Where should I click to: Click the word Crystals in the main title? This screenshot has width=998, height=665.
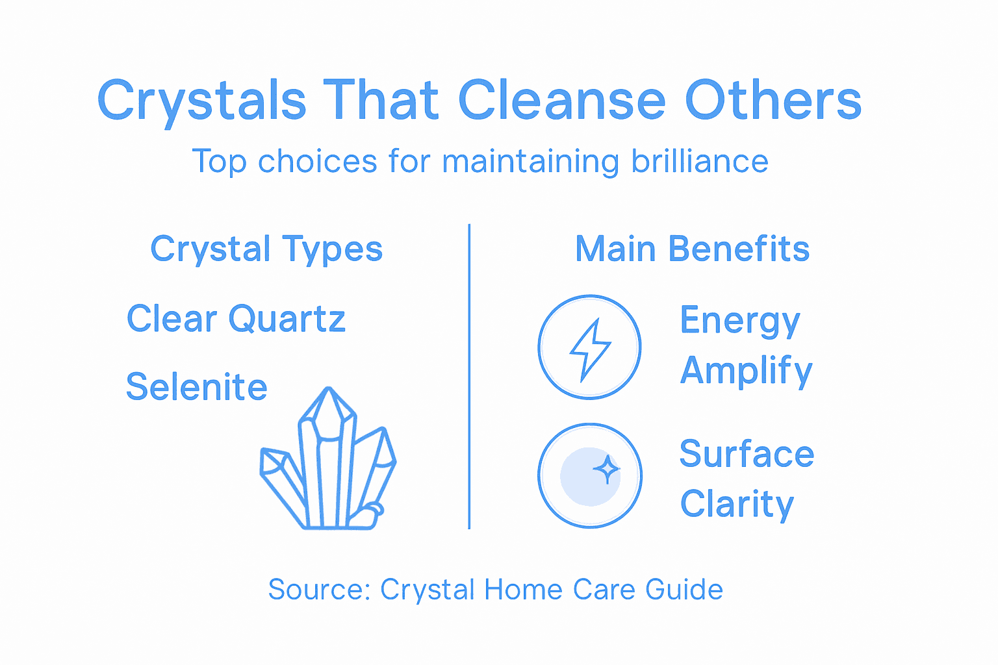pos(201,101)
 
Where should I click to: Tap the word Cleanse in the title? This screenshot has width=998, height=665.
pos(562,101)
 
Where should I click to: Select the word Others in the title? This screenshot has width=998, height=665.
pos(773,101)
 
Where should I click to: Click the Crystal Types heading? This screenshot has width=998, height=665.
pos(266,249)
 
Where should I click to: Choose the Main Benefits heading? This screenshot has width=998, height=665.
pos(692,249)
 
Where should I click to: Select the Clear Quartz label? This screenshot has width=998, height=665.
pos(236,319)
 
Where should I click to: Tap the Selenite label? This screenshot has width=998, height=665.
pos(196,387)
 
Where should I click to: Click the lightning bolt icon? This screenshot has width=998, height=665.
pos(589,348)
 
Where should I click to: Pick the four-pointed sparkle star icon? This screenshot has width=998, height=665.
pos(607,469)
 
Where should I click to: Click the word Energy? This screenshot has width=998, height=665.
pos(739,321)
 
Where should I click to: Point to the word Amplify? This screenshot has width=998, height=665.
pos(746,371)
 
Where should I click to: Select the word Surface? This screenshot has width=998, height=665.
pos(747,454)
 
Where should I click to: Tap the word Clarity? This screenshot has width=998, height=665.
pos(737,504)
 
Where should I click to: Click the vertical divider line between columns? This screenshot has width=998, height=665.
pos(469,377)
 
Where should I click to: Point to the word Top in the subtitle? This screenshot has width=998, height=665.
pos(220,161)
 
